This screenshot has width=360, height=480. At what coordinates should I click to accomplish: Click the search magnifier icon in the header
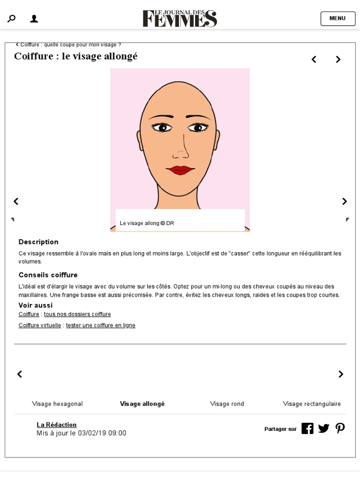(x=11, y=19)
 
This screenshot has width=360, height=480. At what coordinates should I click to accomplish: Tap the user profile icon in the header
(x=34, y=19)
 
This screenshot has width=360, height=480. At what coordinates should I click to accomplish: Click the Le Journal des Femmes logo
(x=180, y=18)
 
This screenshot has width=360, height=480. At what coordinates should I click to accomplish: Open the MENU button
(x=337, y=19)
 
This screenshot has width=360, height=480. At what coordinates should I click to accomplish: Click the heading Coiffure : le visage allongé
(x=76, y=57)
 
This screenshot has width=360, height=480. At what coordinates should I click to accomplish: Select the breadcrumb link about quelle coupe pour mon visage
(x=70, y=45)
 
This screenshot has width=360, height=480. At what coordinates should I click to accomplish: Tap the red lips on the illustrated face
(x=180, y=170)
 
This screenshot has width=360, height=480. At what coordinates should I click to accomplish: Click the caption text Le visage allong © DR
(x=147, y=223)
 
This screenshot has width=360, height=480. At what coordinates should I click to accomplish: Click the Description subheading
(x=38, y=242)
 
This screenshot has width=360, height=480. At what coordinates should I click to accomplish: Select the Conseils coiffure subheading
(x=48, y=275)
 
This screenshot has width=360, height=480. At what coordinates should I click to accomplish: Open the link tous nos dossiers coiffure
(x=77, y=314)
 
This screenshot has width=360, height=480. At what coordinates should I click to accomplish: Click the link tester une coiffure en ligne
(x=100, y=325)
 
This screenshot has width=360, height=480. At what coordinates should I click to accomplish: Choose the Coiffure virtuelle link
(x=40, y=325)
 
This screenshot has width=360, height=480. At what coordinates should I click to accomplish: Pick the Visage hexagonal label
(x=57, y=404)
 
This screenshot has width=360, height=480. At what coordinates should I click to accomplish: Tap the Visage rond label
(x=227, y=404)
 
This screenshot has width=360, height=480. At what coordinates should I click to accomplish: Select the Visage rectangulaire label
(x=312, y=404)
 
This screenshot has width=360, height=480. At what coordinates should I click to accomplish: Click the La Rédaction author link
(x=56, y=425)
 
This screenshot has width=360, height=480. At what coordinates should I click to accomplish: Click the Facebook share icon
(x=307, y=428)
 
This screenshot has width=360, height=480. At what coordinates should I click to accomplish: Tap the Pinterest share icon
(x=340, y=428)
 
